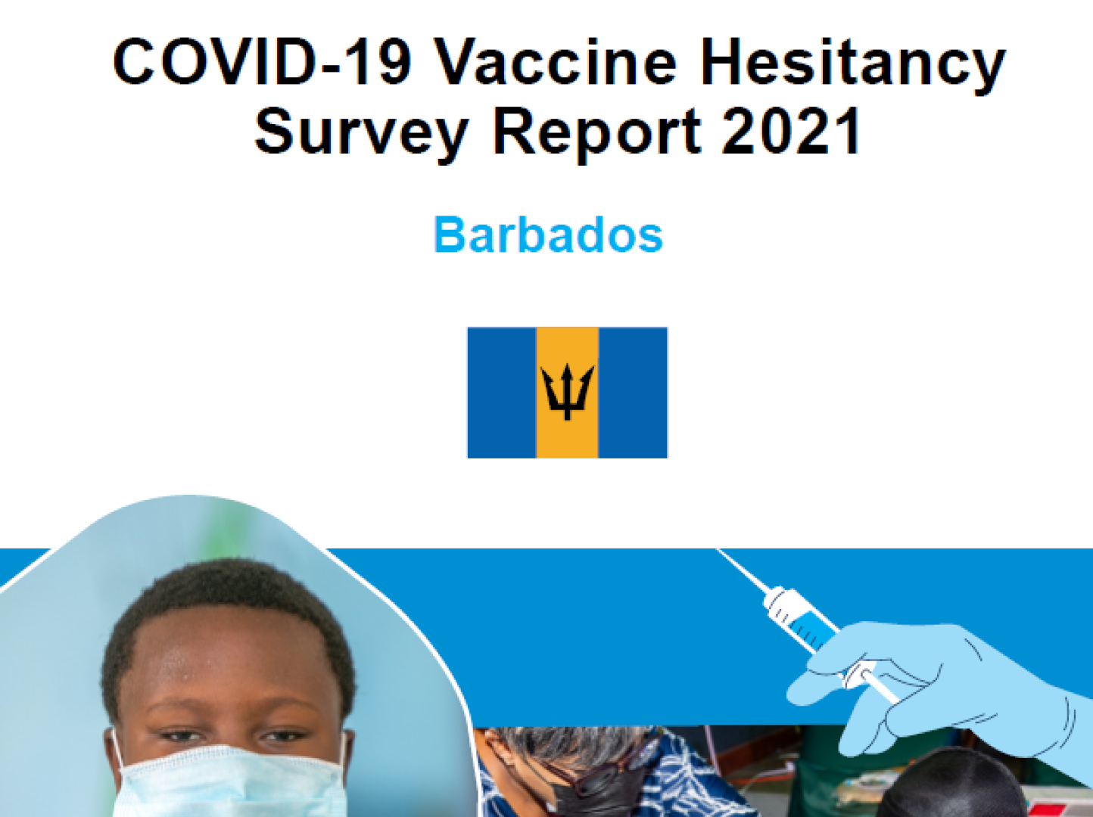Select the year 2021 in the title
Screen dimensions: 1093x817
click(x=792, y=130)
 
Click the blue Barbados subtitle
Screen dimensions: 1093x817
click(x=549, y=234)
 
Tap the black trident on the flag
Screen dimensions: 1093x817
click(x=567, y=392)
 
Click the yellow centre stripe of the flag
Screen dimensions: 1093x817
click(x=567, y=393)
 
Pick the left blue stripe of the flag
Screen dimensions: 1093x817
click(x=502, y=393)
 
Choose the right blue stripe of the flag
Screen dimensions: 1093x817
click(x=633, y=393)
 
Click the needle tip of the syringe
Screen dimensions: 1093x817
click(x=718, y=550)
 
